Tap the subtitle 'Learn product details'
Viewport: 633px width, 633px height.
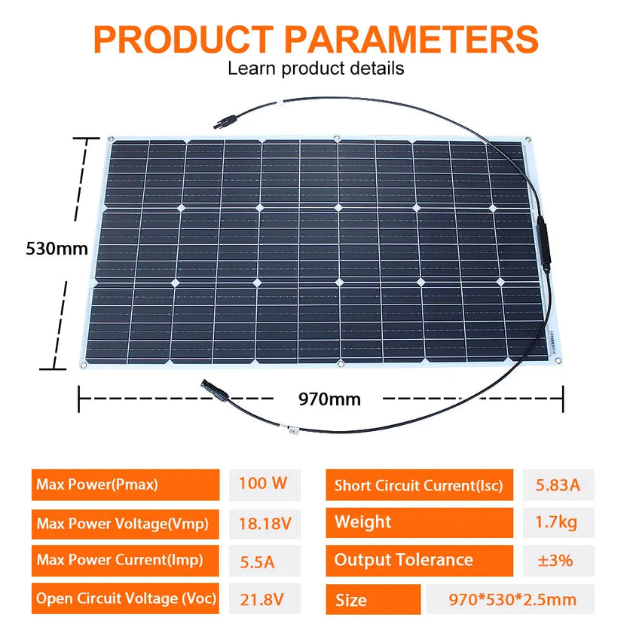316,69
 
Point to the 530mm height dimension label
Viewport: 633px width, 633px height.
57,248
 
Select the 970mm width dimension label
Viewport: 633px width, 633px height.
329,399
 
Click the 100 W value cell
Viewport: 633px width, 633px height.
263,484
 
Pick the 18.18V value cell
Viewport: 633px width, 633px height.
263,522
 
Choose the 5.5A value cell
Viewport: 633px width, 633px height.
263,561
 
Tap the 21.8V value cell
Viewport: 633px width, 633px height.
263,599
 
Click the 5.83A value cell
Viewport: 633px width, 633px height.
558,485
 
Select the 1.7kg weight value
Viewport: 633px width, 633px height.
558,522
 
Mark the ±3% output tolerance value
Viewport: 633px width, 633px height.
558,561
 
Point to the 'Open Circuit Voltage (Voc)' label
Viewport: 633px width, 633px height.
125,599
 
